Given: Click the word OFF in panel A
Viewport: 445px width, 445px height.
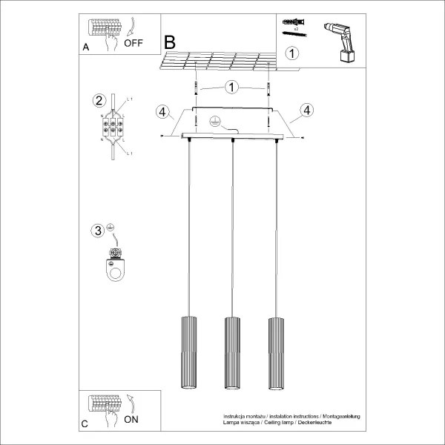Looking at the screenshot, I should click(133, 43).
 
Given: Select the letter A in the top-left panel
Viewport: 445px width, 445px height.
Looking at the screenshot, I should click(86, 47).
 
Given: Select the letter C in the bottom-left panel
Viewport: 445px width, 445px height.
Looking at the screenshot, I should click(85, 424).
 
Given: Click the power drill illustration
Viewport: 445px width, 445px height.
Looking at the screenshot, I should click(338, 41).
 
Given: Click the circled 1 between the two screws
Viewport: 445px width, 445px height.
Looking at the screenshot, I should click(232, 88).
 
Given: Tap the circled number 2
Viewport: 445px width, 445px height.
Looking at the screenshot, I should click(98, 101).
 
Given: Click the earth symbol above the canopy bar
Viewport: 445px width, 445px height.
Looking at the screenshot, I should click(215, 122).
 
